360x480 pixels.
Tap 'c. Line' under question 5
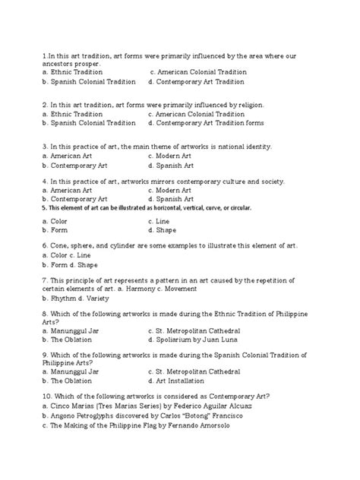point(163,220)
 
